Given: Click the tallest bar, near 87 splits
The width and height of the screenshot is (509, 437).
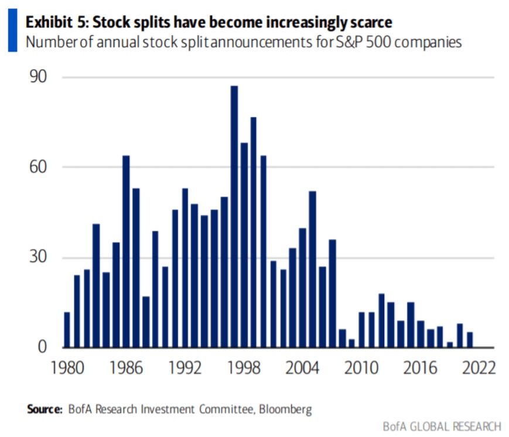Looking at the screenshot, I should coord(234,217).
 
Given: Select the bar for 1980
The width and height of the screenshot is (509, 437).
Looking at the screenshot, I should coord(67,329).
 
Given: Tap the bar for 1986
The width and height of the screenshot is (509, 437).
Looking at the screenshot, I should coord(126,251).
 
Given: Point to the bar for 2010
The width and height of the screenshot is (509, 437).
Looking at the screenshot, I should coord(362,330).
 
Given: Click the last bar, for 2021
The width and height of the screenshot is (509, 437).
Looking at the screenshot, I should coord(470,340).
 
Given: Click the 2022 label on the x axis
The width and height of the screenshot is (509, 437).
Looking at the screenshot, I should coord(479,369).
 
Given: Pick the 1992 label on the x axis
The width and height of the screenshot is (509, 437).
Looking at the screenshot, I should coord(185,369).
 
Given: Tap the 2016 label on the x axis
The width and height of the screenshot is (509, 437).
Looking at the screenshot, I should coord(420,369).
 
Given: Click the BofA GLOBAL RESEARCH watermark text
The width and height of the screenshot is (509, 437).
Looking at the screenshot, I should coord(442,426).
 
